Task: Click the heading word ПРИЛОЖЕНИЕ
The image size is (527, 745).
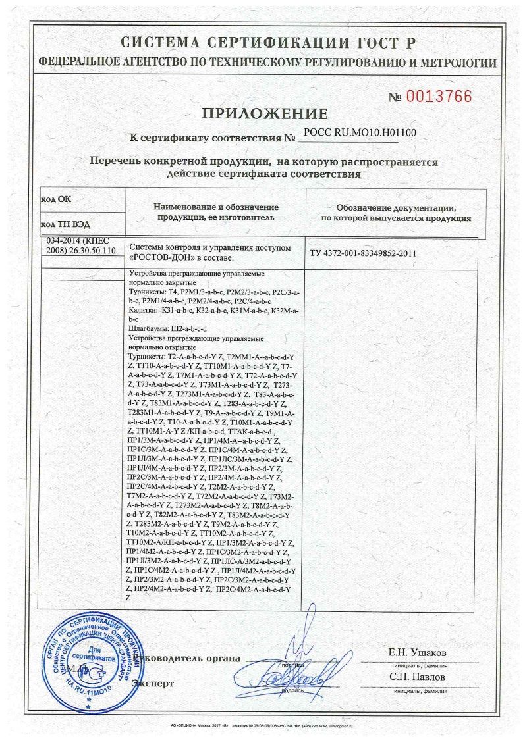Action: (264, 113)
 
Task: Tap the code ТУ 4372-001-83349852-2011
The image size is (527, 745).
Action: (363, 253)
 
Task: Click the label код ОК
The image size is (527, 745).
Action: (55, 199)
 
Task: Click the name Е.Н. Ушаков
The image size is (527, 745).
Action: (418, 652)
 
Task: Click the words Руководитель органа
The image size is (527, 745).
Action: (186, 658)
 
